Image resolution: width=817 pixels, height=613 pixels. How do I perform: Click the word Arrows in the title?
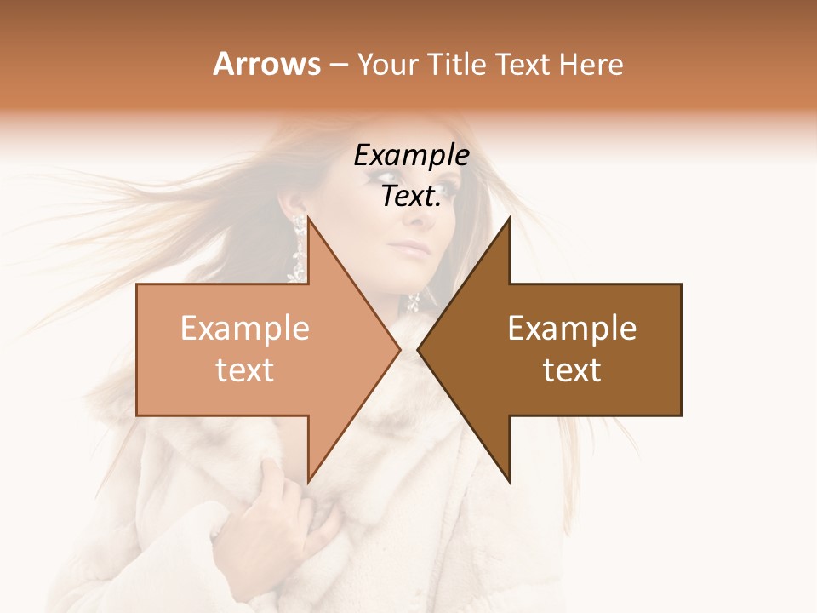(x=266, y=64)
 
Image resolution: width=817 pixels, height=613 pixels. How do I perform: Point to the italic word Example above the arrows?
(x=412, y=157)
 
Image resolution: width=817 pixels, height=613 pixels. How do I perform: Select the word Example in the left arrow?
(x=245, y=329)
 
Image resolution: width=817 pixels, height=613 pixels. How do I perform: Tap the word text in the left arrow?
(x=245, y=370)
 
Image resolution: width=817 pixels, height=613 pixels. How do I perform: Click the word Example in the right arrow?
(x=572, y=329)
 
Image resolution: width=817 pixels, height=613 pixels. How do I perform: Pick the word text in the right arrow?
(x=572, y=370)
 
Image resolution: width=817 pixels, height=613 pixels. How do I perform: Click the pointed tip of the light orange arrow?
(x=400, y=349)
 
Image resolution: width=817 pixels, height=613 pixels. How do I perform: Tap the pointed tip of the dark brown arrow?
(x=418, y=349)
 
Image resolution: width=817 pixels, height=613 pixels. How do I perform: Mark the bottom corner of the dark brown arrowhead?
(x=510, y=482)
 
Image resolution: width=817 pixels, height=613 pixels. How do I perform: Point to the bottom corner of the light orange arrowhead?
(x=308, y=482)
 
